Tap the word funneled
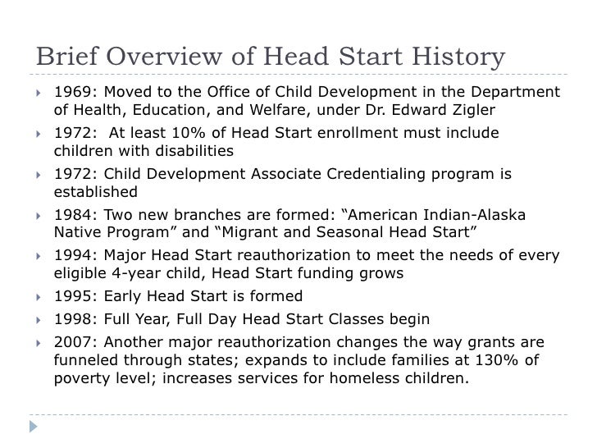(85, 359)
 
